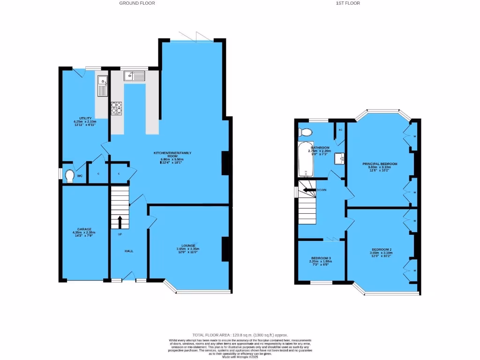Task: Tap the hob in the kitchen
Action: (116, 108)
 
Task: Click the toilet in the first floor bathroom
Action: (306, 131)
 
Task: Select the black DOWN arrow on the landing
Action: (309, 190)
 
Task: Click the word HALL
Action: (129, 251)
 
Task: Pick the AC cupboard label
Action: (340, 129)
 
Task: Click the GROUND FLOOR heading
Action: (137, 3)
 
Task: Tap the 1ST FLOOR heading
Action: (348, 3)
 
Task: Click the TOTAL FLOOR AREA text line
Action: (240, 335)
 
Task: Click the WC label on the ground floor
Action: (80, 176)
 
